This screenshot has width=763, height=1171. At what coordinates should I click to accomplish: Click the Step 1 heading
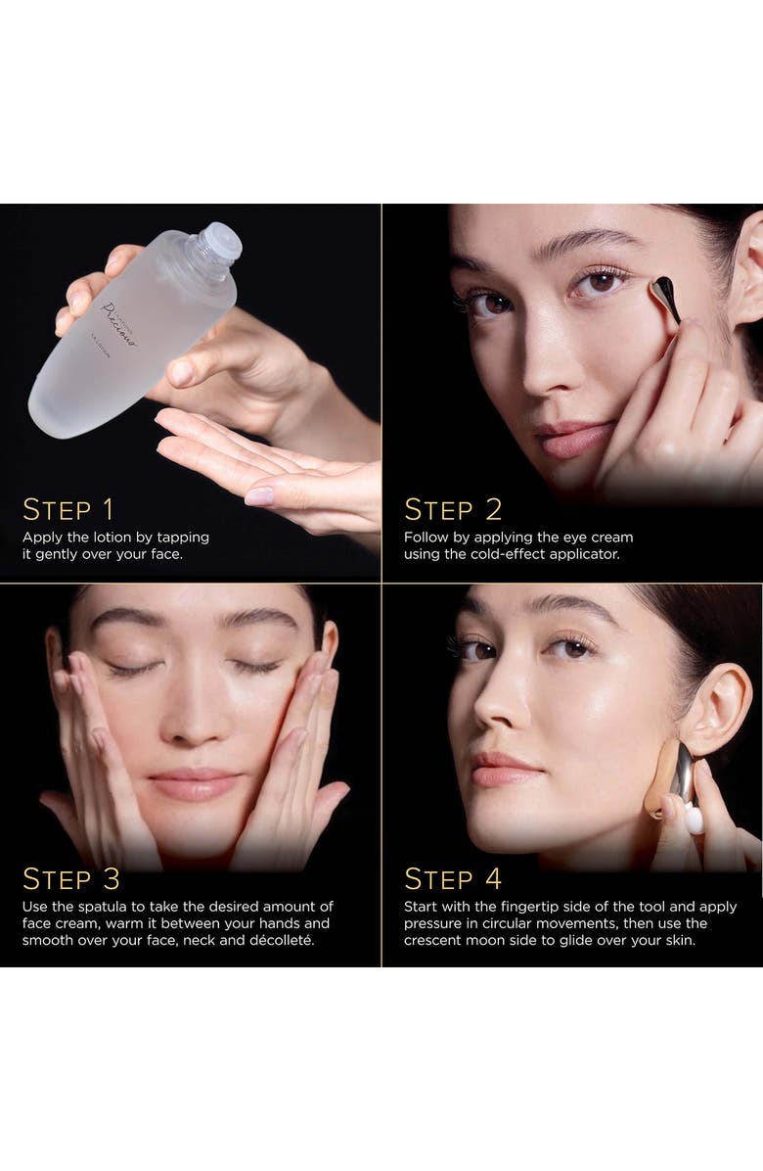tap(68, 509)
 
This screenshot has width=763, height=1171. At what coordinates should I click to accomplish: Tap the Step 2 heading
tap(453, 509)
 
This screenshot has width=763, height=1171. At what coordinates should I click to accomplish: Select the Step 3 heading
tap(71, 878)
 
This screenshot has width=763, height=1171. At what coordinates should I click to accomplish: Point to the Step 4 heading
tap(453, 878)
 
